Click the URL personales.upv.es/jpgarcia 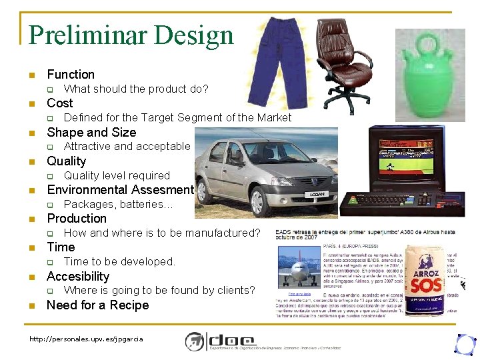[87, 339]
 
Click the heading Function [71, 75]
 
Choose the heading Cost [60, 103]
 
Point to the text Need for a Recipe [98, 305]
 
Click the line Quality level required [117, 176]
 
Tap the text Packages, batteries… [118, 205]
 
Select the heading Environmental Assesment [120, 190]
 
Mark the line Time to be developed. [119, 262]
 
